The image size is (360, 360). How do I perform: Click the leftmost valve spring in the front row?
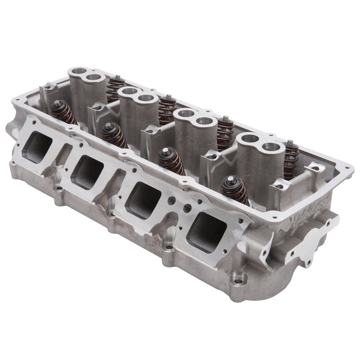tap(63, 112)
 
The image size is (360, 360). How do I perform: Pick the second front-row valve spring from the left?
tap(114, 135)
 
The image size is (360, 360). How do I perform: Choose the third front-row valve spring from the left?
tap(171, 161)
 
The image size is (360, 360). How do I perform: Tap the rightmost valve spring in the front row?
tap(234, 189)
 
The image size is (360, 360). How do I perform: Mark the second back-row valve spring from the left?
tap(167, 109)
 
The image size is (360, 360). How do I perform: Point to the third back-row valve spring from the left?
tap(225, 132)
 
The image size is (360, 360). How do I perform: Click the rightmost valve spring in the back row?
tap(291, 159)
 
